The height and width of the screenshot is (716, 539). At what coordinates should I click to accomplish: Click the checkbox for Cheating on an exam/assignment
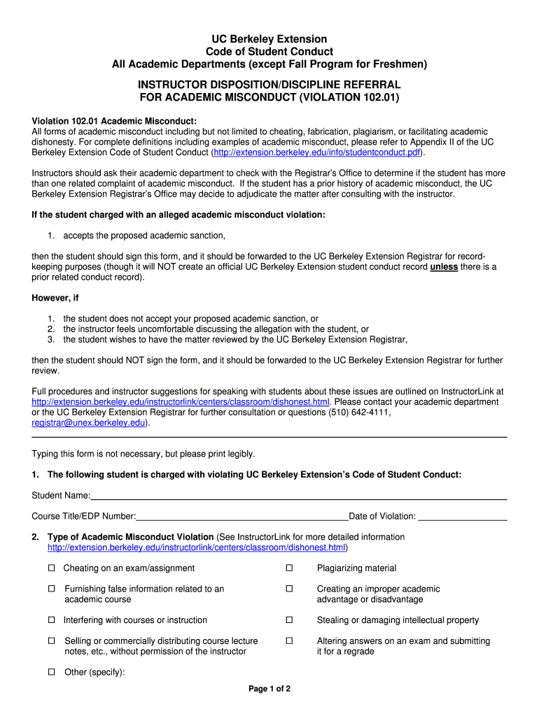(x=51, y=568)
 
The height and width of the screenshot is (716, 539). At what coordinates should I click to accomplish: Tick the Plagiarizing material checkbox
(x=288, y=568)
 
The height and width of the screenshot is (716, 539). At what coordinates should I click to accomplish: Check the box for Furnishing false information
(x=51, y=589)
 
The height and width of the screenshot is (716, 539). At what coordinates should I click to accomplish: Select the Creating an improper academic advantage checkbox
(x=288, y=589)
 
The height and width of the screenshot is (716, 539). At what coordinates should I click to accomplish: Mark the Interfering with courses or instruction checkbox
(x=51, y=620)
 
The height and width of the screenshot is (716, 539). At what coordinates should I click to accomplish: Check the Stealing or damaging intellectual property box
(x=288, y=620)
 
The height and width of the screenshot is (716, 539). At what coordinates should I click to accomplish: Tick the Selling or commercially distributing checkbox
(x=51, y=641)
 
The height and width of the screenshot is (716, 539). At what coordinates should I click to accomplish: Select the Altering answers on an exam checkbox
(x=288, y=641)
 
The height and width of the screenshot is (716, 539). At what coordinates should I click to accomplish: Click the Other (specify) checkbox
(x=51, y=673)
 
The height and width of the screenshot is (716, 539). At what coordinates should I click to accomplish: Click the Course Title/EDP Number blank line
(x=241, y=517)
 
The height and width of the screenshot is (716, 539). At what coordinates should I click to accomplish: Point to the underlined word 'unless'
(x=443, y=267)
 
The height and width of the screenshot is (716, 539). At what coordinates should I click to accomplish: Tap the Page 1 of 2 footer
(x=269, y=689)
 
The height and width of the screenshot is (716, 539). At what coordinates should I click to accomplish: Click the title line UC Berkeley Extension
(x=269, y=39)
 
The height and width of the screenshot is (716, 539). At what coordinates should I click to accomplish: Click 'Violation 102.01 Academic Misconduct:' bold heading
(x=114, y=121)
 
